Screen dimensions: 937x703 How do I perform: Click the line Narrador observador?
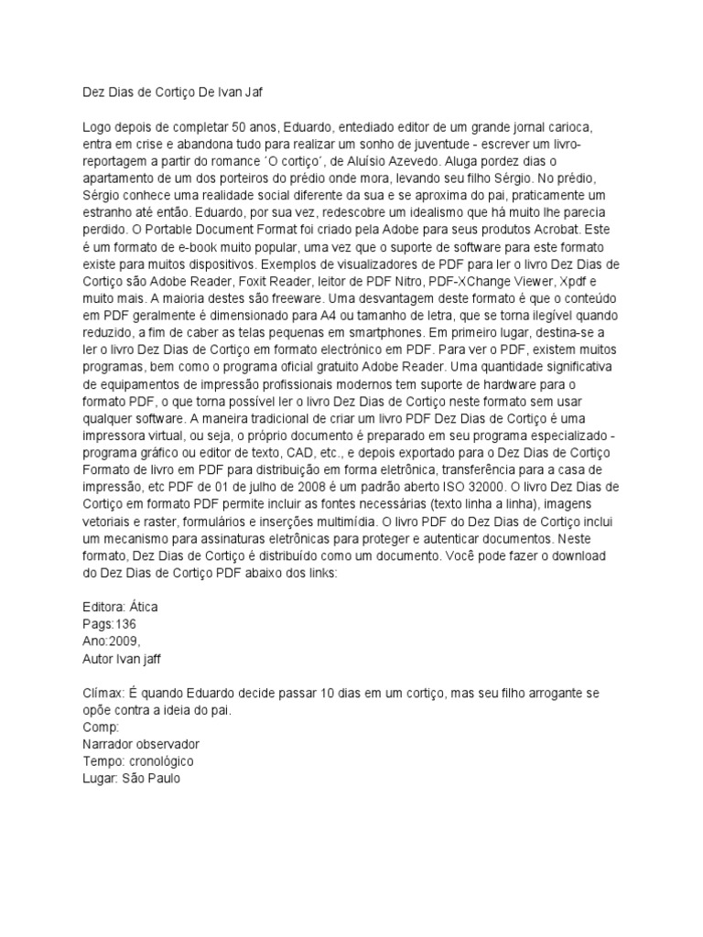[x=140, y=745]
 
